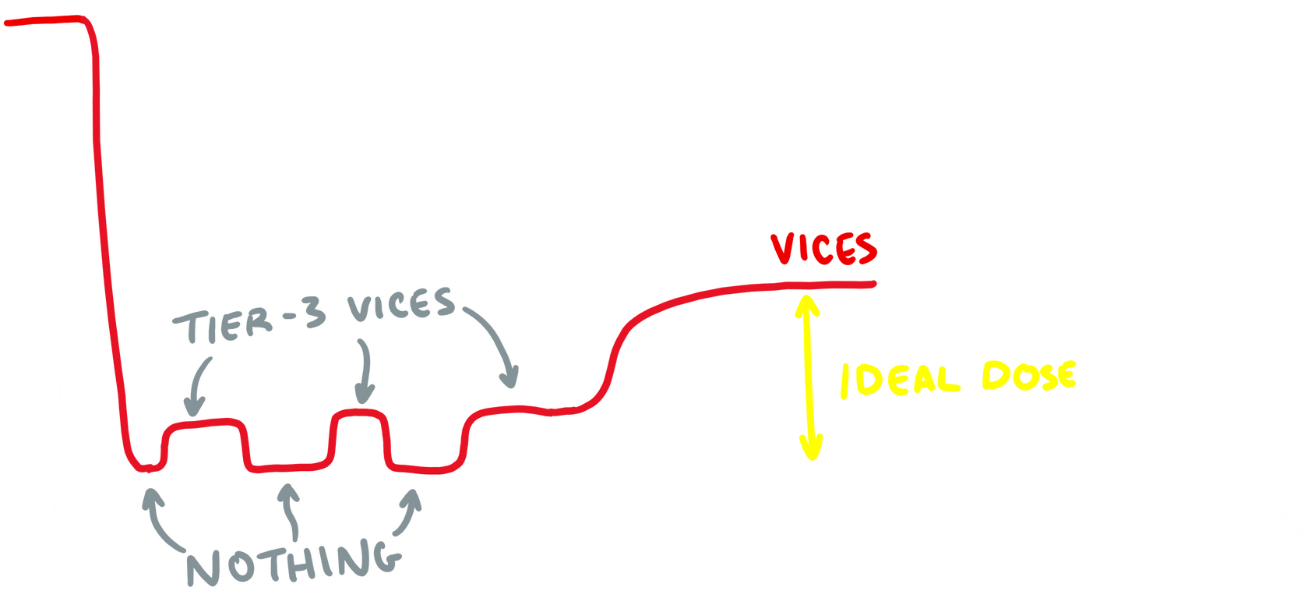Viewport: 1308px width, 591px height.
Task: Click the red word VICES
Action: pos(824,249)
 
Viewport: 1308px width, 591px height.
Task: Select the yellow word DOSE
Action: pos(1028,377)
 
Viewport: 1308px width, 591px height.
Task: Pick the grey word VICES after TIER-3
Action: pos(401,305)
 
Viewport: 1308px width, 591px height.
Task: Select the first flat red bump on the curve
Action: pos(204,423)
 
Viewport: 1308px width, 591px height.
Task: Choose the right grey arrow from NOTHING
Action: pos(409,511)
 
